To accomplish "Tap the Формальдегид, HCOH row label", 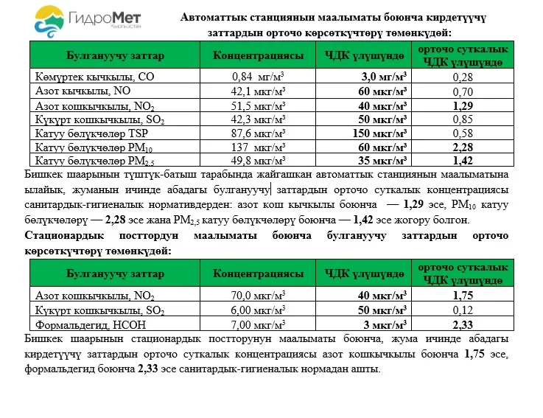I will point(85,324).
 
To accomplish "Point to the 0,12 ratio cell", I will point(463,310).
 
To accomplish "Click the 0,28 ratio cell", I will point(463,76).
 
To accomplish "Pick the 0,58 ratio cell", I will point(463,133).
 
